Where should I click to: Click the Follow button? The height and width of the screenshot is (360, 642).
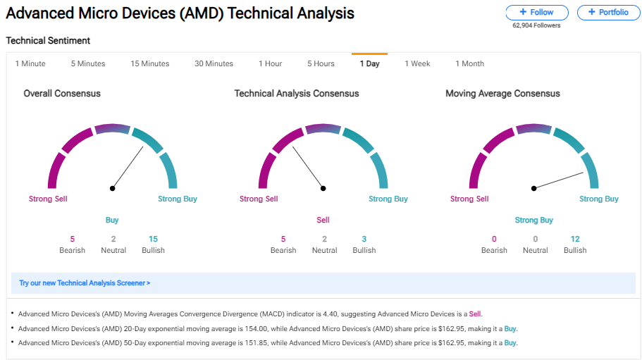(x=536, y=13)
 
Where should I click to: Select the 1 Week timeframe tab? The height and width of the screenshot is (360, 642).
(x=417, y=63)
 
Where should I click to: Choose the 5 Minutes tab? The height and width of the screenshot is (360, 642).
(x=87, y=63)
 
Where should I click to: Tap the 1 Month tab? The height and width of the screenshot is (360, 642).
(x=469, y=63)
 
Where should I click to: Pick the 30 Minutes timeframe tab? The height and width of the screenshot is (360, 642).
(x=214, y=63)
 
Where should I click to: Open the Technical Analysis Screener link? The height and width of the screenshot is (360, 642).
(x=85, y=283)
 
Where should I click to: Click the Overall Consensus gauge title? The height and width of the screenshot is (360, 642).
(x=62, y=93)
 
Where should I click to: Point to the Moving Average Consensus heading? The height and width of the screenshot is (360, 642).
(x=502, y=93)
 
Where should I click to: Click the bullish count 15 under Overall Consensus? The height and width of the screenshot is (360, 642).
(x=153, y=239)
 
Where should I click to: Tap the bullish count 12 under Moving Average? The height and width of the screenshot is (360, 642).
(x=575, y=239)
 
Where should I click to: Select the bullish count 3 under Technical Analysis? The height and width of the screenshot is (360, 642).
(x=364, y=239)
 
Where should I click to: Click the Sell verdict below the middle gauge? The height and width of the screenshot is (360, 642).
(x=323, y=220)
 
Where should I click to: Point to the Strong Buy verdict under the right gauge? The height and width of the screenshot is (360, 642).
(x=533, y=220)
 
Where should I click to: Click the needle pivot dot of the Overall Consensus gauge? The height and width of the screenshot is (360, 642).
(x=112, y=188)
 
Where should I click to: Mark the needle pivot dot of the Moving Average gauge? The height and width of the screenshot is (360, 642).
(x=534, y=188)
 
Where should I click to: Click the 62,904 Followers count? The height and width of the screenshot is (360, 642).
(x=536, y=25)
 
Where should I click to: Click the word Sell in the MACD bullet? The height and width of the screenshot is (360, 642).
(x=475, y=314)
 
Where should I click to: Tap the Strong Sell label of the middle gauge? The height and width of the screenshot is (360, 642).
(x=259, y=199)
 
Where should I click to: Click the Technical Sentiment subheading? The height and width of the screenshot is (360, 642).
(x=48, y=41)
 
